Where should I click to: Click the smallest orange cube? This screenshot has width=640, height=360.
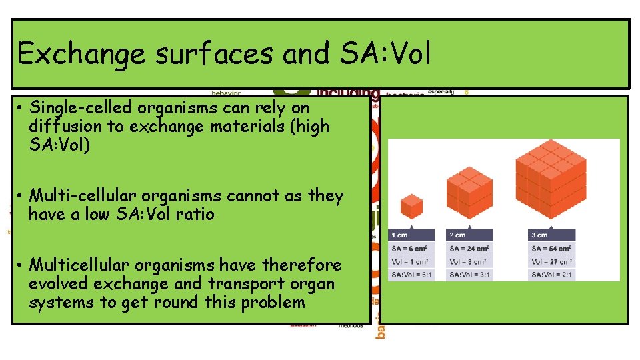click(411, 206)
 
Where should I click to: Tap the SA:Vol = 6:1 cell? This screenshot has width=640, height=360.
click(411, 274)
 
